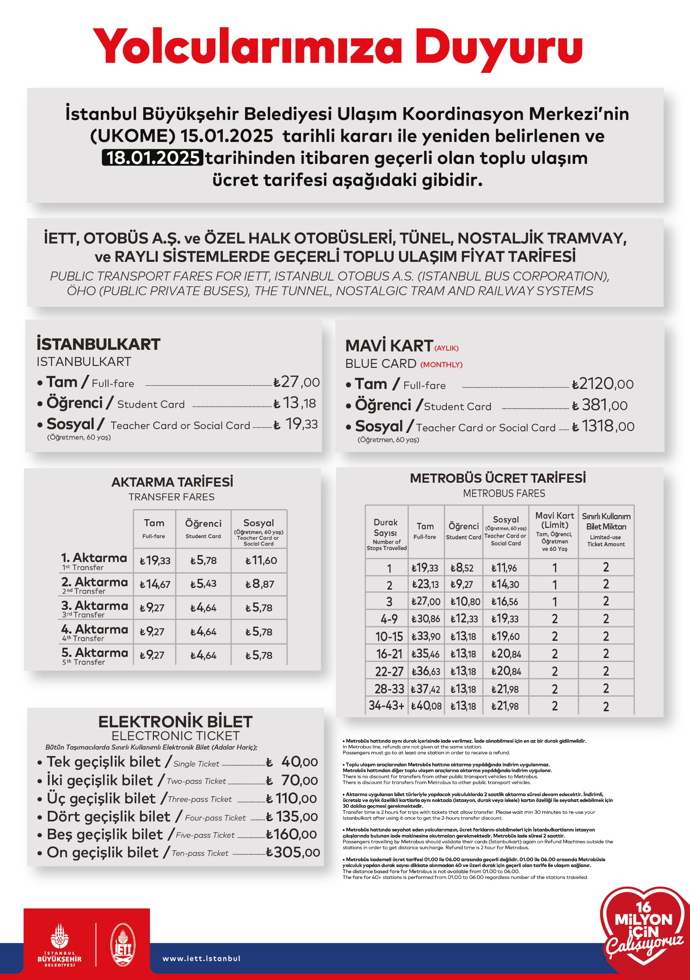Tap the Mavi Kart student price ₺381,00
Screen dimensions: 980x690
[600, 405]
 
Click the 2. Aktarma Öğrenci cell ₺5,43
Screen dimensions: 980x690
[203, 583]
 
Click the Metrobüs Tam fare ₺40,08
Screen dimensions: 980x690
[426, 706]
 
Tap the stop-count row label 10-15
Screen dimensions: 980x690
[389, 636]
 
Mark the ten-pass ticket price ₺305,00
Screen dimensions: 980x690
[293, 853]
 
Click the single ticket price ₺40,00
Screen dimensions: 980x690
[293, 762]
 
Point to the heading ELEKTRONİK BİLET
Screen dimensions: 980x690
[175, 722]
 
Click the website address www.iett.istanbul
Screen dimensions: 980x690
[201, 958]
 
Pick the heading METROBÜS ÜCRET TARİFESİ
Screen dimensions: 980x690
[497, 478]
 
